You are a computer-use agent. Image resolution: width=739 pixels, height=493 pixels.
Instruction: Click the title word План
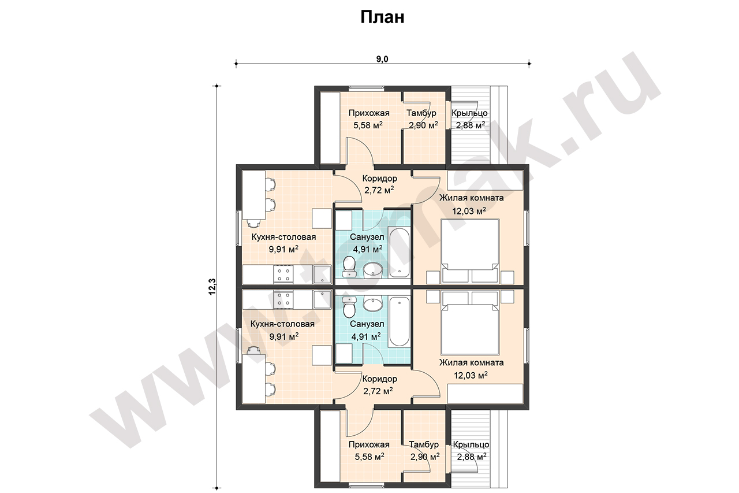[382, 17]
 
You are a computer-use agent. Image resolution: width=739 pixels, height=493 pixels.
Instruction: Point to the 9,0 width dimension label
[382, 59]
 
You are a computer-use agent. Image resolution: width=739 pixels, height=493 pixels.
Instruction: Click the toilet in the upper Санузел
[349, 267]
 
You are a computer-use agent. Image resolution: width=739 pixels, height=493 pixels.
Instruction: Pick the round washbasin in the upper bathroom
[373, 270]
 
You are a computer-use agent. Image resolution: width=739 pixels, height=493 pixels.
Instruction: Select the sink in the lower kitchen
[322, 299]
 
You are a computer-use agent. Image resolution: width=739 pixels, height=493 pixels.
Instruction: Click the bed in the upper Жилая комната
[470, 251]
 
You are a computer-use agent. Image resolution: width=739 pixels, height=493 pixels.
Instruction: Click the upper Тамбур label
[421, 113]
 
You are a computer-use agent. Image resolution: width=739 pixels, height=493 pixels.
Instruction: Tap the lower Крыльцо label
[471, 444]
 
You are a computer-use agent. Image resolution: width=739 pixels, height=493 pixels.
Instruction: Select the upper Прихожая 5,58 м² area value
[368, 125]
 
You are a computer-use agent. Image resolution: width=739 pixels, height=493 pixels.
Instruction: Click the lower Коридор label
[380, 379]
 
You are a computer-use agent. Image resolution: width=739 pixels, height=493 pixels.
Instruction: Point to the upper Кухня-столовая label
[283, 237]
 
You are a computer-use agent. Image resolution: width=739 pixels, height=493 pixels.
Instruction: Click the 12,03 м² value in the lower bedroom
[471, 375]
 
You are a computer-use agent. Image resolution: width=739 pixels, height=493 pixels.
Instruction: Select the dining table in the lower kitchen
[253, 379]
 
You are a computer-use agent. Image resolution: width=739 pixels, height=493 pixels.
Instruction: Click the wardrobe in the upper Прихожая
[330, 128]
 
